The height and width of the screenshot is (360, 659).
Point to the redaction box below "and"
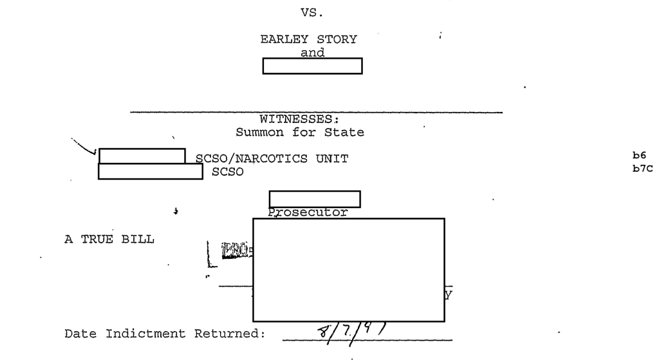coord(313,66)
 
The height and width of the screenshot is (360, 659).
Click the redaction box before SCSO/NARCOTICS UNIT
coord(142,156)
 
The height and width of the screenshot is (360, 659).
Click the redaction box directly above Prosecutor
coord(314,199)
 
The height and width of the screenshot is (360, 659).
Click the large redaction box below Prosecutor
coord(348,269)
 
